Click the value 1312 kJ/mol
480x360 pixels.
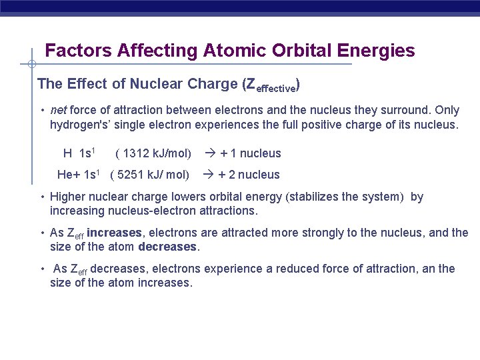(x=153, y=153)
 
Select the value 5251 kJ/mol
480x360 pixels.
(x=150, y=175)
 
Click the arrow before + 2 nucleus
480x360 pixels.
(x=207, y=175)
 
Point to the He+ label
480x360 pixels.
(x=69, y=175)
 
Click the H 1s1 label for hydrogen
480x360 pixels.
(x=79, y=153)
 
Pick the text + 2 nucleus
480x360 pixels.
(x=249, y=175)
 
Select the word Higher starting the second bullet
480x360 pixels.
(x=68, y=197)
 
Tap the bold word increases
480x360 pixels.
(x=114, y=233)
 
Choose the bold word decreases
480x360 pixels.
(x=168, y=247)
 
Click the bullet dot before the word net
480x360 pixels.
(x=41, y=110)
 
